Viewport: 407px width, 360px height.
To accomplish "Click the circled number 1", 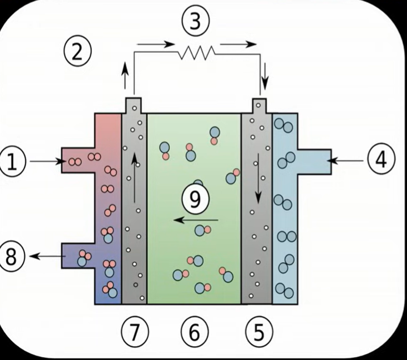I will tap(13, 162).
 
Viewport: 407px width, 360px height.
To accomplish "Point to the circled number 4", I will tap(380, 160).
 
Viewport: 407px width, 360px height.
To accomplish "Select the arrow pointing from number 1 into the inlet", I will tap(47, 161).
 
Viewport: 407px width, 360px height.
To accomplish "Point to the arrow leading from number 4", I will tap(347, 161).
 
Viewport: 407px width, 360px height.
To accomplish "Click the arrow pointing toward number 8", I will tap(48, 256).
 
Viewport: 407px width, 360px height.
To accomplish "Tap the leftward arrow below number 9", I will tap(195, 220).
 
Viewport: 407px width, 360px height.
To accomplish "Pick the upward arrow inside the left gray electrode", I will tap(134, 178).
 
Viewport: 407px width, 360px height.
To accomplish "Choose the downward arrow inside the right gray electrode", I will tap(258, 178).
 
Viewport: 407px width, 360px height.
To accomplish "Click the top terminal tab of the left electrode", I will tap(134, 105).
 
